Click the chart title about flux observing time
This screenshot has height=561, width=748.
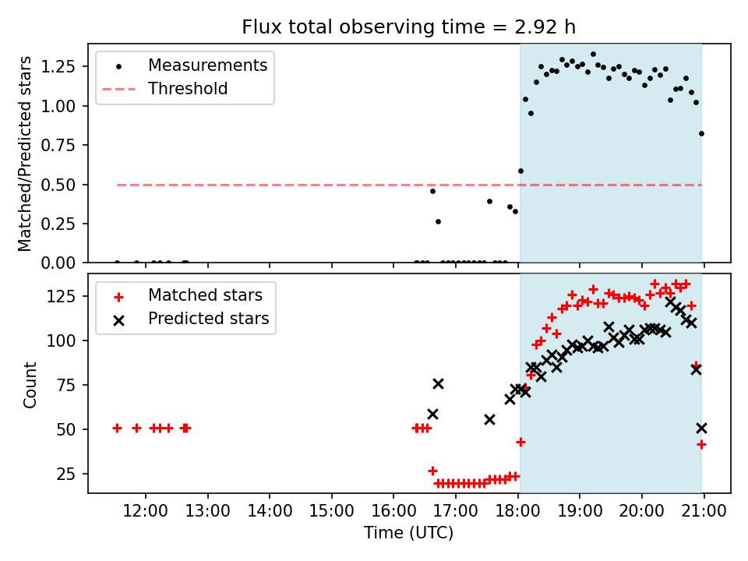409,27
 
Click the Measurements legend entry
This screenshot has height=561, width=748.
207,65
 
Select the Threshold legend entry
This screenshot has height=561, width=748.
188,89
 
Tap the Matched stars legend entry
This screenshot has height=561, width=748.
205,295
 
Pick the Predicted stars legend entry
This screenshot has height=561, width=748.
208,319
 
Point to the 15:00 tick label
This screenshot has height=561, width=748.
332,512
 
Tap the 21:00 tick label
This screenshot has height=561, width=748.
704,512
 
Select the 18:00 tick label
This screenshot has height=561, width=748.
518,512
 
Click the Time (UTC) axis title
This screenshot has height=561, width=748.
408,533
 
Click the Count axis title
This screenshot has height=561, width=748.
30,384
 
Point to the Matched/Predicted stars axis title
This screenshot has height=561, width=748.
25,153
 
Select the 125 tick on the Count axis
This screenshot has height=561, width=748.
68,296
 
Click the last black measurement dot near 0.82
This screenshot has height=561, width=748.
701,133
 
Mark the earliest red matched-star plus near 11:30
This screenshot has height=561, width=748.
117,428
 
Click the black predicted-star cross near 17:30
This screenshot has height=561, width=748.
489,419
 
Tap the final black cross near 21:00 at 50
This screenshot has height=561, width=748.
701,428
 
